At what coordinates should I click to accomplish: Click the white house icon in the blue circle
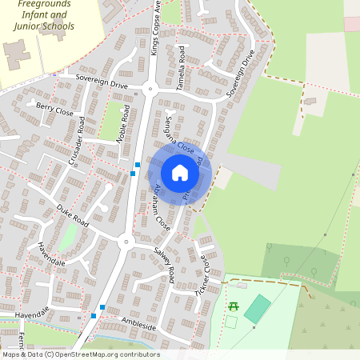180,173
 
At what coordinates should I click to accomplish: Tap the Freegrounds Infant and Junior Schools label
45,16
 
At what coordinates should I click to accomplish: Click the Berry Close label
55,110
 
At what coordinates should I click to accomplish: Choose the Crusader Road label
77,142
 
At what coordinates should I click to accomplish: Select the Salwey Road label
165,264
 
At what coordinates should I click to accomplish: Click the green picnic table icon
234,306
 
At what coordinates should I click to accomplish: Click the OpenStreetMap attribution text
80,354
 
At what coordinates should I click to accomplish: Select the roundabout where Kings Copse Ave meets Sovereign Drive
150,90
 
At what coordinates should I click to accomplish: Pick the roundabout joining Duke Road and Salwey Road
124,242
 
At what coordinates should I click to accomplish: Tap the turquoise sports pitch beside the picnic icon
257,309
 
